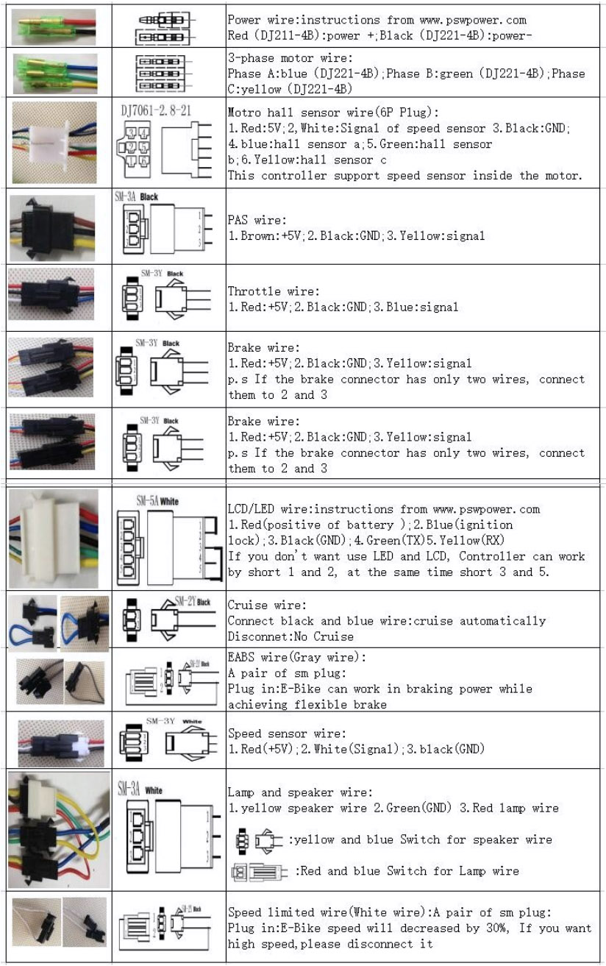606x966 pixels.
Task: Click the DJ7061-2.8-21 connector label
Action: pyautogui.click(x=155, y=110)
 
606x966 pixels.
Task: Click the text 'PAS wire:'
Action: pyautogui.click(x=254, y=220)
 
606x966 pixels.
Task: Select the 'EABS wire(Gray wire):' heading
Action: pyautogui.click(x=296, y=658)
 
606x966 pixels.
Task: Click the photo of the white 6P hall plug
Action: pyautogui.click(x=55, y=142)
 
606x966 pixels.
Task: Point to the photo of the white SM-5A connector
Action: pyautogui.click(x=55, y=537)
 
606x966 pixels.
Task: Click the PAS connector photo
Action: pyautogui.click(x=55, y=225)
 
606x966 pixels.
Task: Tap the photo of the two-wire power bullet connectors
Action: pyautogui.click(x=55, y=26)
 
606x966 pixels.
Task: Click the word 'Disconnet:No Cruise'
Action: pyautogui.click(x=290, y=636)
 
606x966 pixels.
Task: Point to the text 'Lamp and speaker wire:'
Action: pyautogui.click(x=299, y=792)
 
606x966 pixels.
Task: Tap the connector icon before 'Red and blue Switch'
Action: pyautogui.click(x=257, y=872)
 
